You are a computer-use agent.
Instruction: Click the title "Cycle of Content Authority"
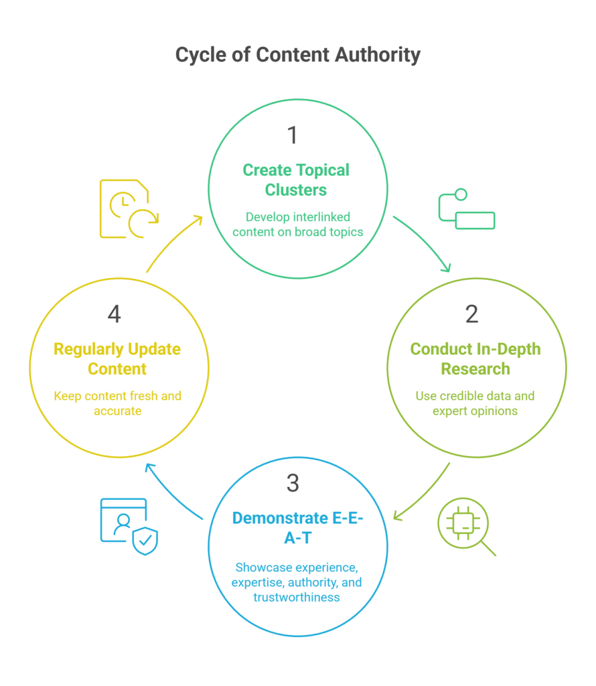pos(297,55)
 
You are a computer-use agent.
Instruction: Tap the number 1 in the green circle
pos(293,135)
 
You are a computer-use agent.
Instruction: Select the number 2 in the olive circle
pos(471,314)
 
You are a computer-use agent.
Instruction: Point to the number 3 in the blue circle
pos(293,483)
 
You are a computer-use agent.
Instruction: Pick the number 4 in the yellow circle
pos(115,314)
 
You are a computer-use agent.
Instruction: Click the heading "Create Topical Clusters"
pos(296,180)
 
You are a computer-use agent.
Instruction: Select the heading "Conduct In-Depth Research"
pos(475,358)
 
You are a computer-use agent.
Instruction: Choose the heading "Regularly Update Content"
pos(117,358)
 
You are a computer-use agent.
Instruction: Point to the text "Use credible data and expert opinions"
pos(475,403)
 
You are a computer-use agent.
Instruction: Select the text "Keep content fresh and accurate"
pos(117,403)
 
